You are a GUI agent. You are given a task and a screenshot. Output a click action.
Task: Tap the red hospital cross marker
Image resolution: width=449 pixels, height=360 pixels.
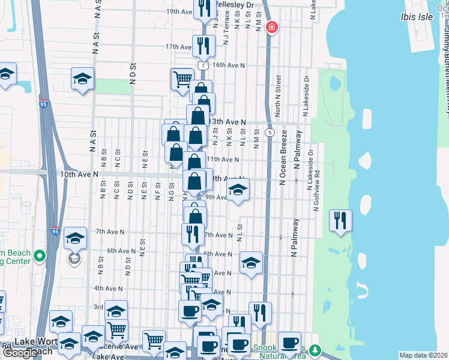[271, 28]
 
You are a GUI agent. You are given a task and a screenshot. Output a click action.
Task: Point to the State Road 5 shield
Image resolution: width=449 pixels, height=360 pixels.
[271, 132]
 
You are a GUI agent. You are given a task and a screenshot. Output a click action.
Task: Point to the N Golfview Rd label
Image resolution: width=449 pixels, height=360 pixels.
[316, 193]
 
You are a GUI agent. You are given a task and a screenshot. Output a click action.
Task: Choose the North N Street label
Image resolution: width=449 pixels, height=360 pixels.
[278, 96]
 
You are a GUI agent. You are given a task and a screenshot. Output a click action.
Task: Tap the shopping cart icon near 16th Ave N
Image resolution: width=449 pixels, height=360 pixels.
[182, 79]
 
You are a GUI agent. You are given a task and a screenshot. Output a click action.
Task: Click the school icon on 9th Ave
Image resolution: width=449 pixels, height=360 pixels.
[238, 191]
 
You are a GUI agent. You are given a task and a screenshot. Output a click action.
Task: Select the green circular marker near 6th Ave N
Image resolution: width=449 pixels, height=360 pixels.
[40, 257]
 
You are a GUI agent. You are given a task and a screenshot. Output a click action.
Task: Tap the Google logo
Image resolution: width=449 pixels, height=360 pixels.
[19, 353]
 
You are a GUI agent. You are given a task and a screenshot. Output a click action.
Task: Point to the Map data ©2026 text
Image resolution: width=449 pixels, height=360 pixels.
[424, 355]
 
